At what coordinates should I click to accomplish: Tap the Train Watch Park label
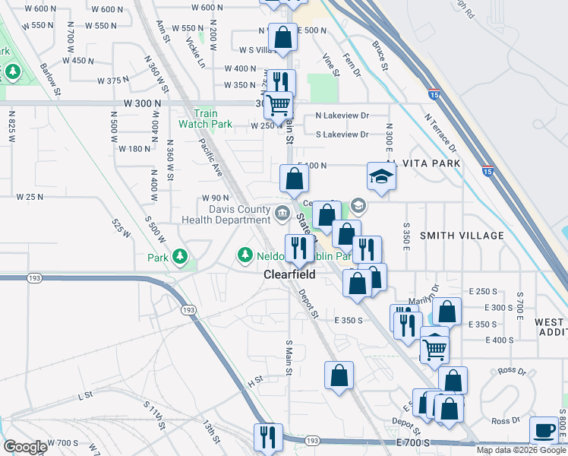(x=205, y=119)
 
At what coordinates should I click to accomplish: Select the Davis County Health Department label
(x=226, y=215)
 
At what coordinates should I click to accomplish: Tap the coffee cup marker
(x=544, y=430)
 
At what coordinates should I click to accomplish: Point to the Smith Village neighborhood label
(x=462, y=236)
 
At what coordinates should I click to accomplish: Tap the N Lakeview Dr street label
(x=342, y=116)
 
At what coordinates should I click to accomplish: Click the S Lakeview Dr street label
(x=342, y=135)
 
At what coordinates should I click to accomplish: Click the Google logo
(x=26, y=447)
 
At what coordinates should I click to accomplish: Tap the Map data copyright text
(x=522, y=450)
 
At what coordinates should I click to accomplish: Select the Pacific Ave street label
(x=211, y=158)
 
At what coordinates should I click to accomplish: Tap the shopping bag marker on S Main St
(x=339, y=375)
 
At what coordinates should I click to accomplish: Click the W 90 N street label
(x=216, y=198)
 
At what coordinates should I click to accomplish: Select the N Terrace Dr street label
(x=440, y=133)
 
